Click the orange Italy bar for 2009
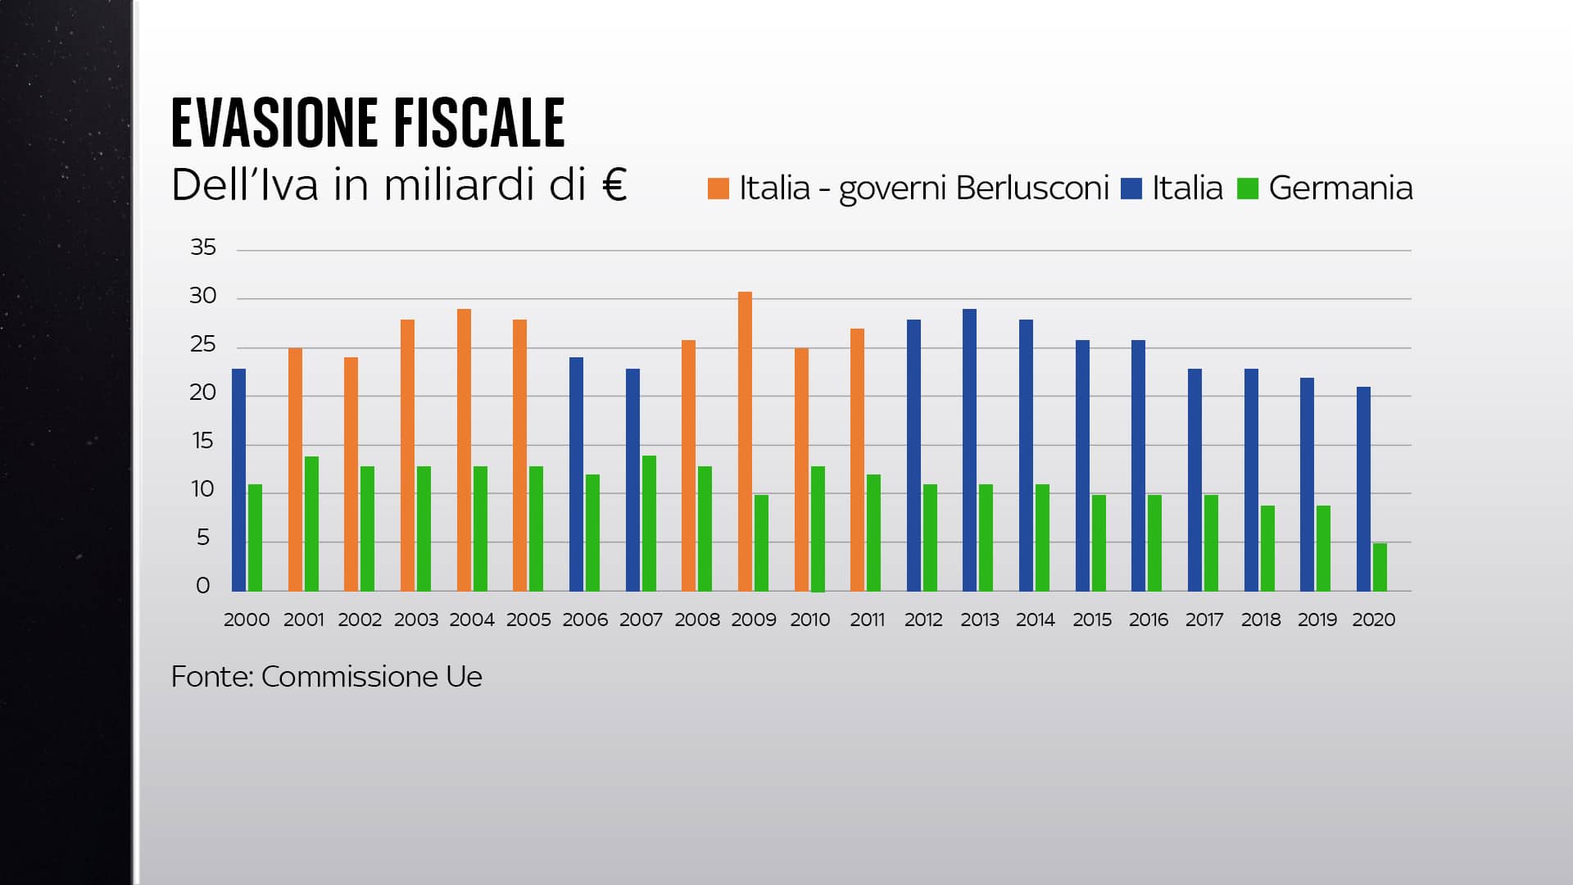coord(745,442)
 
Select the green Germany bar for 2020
coord(1380,567)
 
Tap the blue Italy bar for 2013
coord(969,450)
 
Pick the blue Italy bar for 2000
coord(238,480)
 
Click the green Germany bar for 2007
coord(649,524)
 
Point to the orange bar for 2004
coord(464,450)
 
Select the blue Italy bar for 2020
coord(1363,489)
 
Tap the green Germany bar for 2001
coord(311,524)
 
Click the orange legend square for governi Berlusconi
coord(718,188)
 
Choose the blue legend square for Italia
coord(1131,188)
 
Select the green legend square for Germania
coord(1247,188)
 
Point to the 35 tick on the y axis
coord(203,247)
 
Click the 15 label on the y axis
coord(203,442)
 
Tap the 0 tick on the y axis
coord(203,586)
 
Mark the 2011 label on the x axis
coord(867,620)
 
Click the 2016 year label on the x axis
coord(1148,620)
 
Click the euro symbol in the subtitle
coord(614,184)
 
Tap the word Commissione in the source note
coord(349,677)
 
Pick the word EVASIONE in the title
coord(274,123)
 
